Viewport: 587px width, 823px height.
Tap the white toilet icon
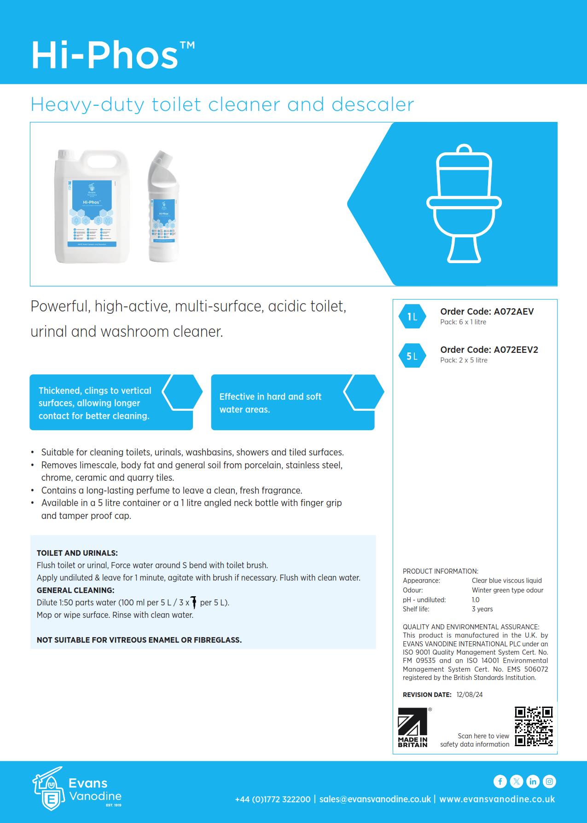click(464, 203)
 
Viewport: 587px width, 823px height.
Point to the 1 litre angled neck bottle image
click(163, 207)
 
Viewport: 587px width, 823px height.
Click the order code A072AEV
click(487, 311)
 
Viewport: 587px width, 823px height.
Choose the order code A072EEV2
click(489, 350)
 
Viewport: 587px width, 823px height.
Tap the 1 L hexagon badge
click(412, 317)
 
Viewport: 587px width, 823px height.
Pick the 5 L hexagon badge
click(412, 356)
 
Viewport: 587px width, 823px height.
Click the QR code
click(534, 726)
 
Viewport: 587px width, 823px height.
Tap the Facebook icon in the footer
click(500, 781)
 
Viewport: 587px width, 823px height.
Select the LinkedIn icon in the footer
click(533, 781)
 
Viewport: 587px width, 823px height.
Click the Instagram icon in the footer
click(549, 781)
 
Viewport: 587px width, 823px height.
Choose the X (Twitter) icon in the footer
click(517, 781)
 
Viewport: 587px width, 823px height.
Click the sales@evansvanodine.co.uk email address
click(375, 799)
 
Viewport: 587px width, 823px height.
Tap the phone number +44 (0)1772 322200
click(273, 799)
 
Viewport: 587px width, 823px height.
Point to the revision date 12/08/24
click(470, 695)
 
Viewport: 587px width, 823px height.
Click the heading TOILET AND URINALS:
click(77, 553)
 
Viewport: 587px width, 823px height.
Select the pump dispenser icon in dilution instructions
click(194, 602)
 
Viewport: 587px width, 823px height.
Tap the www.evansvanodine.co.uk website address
click(497, 799)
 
